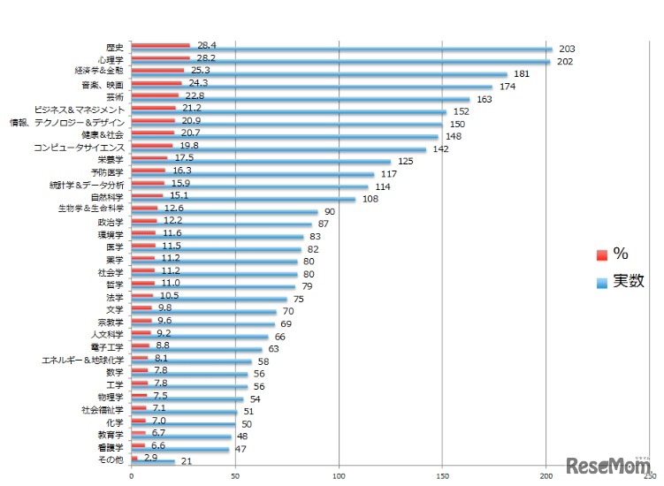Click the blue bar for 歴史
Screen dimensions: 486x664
341,49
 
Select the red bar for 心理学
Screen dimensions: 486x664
160,57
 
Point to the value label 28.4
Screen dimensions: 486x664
207,44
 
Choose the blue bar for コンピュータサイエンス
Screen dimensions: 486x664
279,149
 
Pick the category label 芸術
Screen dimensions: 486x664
114,96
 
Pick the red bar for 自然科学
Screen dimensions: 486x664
147,195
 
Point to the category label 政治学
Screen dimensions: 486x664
111,222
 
